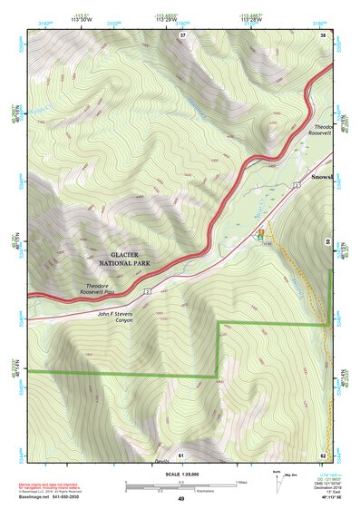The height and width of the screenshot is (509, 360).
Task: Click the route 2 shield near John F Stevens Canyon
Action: (x=145, y=293)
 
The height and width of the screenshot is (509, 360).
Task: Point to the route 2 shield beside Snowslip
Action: (x=296, y=184)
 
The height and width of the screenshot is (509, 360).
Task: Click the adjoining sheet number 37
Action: (x=182, y=34)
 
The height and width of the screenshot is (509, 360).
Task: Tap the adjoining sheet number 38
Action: (x=323, y=34)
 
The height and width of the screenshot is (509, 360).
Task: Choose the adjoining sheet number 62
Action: (x=323, y=454)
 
